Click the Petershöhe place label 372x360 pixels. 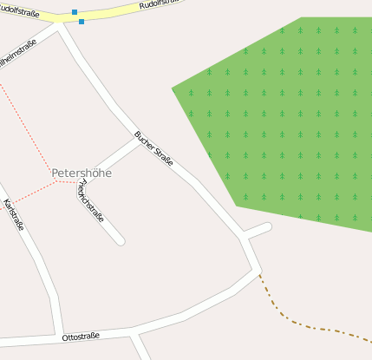coord(82,173)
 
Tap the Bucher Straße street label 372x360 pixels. coord(153,147)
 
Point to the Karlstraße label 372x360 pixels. coord(14,214)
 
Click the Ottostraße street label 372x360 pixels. coord(81,336)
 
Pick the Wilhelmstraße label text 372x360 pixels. coord(17,54)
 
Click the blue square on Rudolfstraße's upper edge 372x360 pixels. coord(75,12)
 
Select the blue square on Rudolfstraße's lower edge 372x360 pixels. coord(82,21)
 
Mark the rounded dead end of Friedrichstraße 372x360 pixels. coord(121,240)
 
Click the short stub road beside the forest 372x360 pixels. coord(258,230)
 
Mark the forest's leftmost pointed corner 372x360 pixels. coord(173,88)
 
